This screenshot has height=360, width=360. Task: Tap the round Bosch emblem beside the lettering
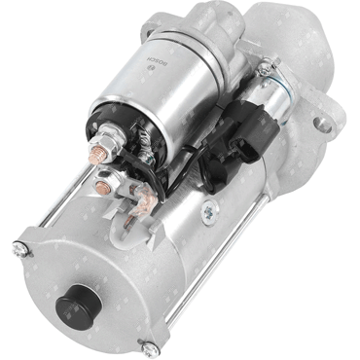pyautogui.click(x=150, y=67)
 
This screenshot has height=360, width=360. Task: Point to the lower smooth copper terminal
pyautogui.click(x=103, y=187)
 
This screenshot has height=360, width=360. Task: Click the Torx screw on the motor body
pyautogui.click(x=210, y=212)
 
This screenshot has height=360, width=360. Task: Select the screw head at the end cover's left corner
pyautogui.click(x=19, y=249)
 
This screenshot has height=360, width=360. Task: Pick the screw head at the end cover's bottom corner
pyautogui.click(x=149, y=348)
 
